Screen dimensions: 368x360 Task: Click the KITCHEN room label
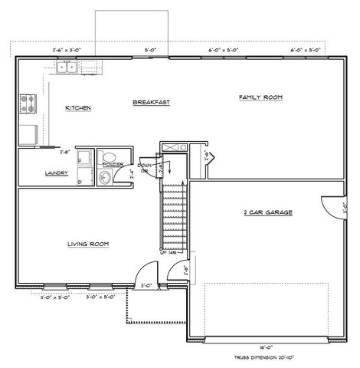78,108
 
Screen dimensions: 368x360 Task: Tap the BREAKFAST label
150,102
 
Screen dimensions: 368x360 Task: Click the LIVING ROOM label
88,245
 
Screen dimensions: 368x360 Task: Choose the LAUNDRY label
36,173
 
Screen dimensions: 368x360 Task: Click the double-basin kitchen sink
66,67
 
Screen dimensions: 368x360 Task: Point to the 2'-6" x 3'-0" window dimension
67,49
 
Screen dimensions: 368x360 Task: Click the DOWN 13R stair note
143,168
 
